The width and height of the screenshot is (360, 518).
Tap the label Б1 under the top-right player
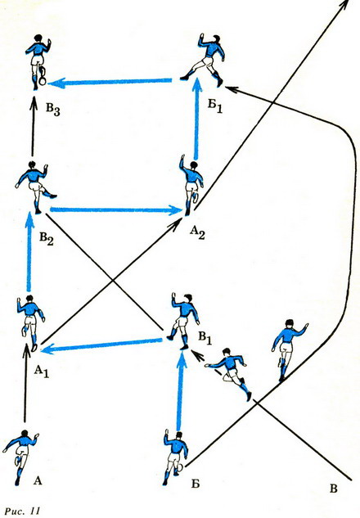pos(215,106)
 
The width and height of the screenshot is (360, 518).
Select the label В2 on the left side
pos(47,238)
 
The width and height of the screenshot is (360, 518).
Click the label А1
pos(42,372)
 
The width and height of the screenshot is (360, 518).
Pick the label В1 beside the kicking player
pos(205,338)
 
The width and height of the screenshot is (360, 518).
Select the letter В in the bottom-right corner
pos(334,489)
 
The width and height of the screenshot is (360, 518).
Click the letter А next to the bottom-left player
pos(38,481)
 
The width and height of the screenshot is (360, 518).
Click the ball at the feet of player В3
pos(42,81)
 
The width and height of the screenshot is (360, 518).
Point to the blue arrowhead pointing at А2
pos(175,210)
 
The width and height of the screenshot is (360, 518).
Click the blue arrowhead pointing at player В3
pos(56,83)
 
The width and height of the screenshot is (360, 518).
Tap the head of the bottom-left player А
pos(25,434)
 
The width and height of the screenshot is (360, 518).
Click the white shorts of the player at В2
pos(34,187)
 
